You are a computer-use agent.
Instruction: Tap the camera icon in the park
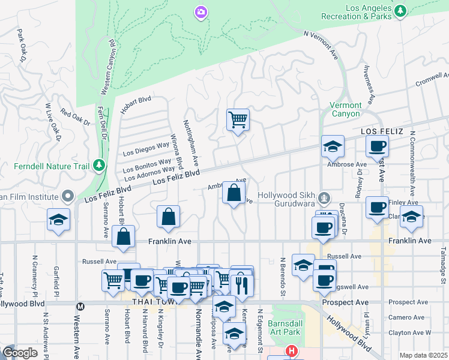pyautogui.click(x=200, y=11)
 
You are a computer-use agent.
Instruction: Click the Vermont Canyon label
pyautogui.click(x=346, y=109)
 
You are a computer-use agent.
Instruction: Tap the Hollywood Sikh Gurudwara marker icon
pyautogui.click(x=324, y=196)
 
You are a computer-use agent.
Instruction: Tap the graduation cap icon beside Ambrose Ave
pyautogui.click(x=332, y=146)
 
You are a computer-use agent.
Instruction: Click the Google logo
pyautogui.click(x=20, y=353)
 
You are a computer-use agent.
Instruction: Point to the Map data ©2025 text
pyautogui.click(x=424, y=355)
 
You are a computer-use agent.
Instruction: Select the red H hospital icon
pyautogui.click(x=292, y=350)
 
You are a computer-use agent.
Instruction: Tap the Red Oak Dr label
pyautogui.click(x=74, y=118)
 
